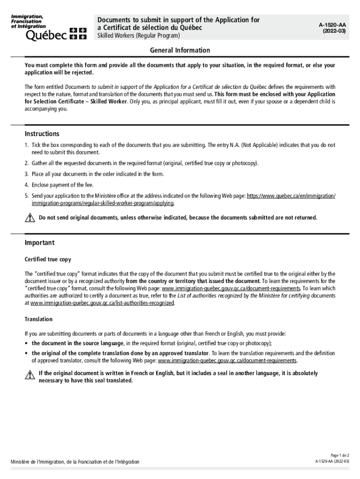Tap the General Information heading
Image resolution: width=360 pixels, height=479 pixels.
click(180, 51)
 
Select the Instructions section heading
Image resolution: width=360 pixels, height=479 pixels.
click(42, 134)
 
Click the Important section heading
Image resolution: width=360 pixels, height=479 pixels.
click(40, 243)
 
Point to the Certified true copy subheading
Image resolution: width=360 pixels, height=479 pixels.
click(48, 259)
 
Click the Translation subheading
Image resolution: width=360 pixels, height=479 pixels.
click(39, 319)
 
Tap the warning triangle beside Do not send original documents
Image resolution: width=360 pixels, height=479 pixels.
click(30, 218)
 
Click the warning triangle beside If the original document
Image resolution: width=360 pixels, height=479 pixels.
click(30, 374)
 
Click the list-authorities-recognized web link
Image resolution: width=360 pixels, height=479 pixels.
click(102, 303)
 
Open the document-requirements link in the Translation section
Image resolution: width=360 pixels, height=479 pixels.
click(227, 361)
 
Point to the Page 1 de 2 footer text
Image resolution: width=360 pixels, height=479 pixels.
click(340, 455)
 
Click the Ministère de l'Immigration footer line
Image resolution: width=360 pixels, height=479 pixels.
click(75, 462)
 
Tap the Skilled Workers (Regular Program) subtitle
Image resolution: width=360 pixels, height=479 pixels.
click(138, 36)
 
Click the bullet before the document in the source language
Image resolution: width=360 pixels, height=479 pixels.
click(27, 343)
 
